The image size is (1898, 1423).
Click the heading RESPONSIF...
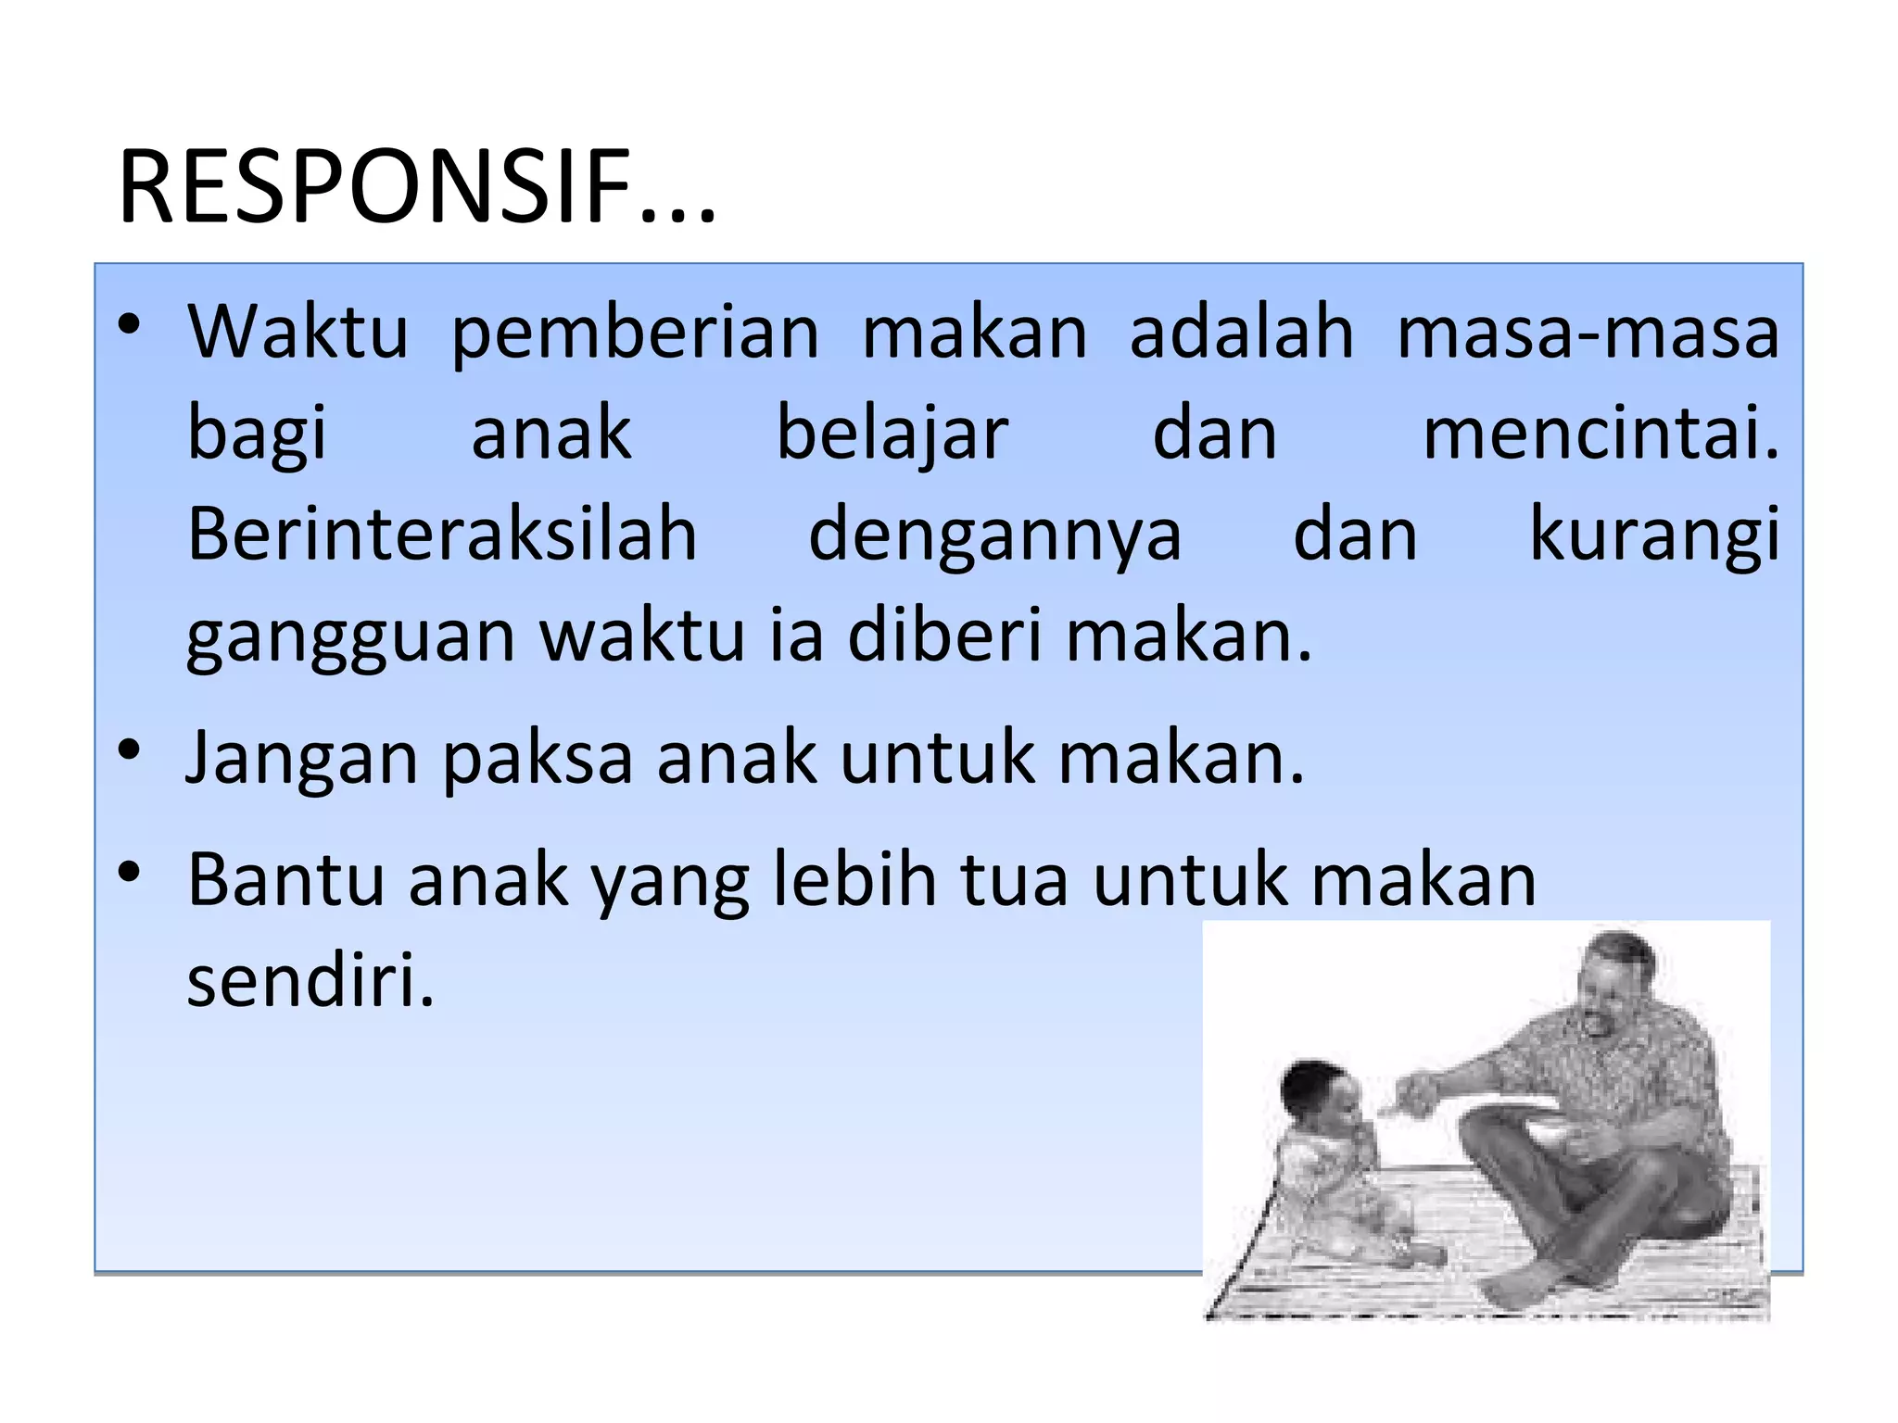coord(417,188)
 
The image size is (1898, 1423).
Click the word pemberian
coord(635,334)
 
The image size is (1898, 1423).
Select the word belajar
coord(892,434)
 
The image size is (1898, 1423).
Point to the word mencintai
coord(1601,434)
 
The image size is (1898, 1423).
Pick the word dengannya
coord(994,537)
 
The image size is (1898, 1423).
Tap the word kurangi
coord(1654,535)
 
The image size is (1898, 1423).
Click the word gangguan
coord(350,637)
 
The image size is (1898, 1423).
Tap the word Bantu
coord(285,879)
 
